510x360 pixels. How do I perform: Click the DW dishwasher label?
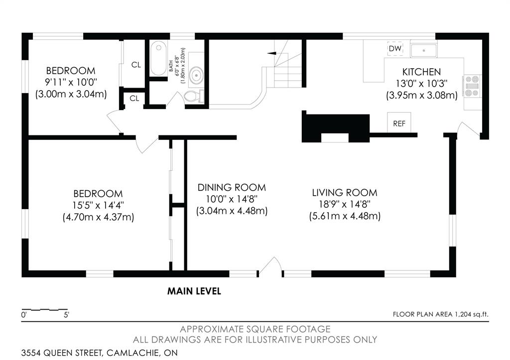395,48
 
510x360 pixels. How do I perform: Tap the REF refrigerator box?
399,123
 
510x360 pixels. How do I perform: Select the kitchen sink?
424,50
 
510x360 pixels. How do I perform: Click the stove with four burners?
472,85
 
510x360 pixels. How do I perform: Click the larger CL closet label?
135,65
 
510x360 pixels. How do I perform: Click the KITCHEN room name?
421,72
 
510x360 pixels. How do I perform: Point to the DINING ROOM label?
232,188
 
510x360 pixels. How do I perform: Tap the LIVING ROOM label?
345,192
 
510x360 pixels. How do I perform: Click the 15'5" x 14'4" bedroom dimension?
98,205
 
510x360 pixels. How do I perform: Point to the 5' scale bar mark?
66,315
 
